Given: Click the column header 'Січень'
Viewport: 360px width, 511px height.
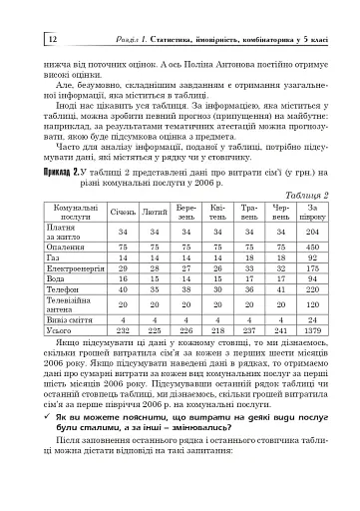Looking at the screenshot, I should click(124, 214).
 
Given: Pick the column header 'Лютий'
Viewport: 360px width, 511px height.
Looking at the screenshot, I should click(155, 214).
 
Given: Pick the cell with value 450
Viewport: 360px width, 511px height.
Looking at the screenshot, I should click(312, 246).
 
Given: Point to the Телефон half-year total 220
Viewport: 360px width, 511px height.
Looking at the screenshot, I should click(312, 291).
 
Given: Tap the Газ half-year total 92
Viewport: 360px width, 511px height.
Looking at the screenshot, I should click(312, 256).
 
